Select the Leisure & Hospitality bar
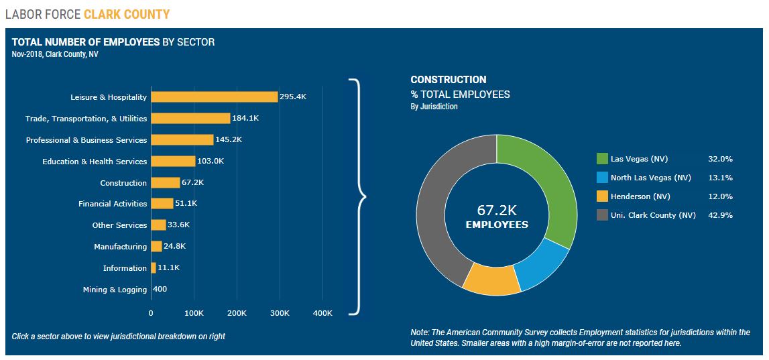[214, 97]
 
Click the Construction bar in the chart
[165, 182]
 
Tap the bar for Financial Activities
[162, 204]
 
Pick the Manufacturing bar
[156, 247]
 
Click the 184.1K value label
[245, 119]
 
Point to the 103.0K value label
[211, 162]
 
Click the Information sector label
[125, 268]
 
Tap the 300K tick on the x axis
[280, 313]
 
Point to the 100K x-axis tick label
[194, 313]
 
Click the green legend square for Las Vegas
[602, 159]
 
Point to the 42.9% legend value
[720, 215]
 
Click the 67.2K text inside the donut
[496, 210]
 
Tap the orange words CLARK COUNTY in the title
[127, 14]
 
